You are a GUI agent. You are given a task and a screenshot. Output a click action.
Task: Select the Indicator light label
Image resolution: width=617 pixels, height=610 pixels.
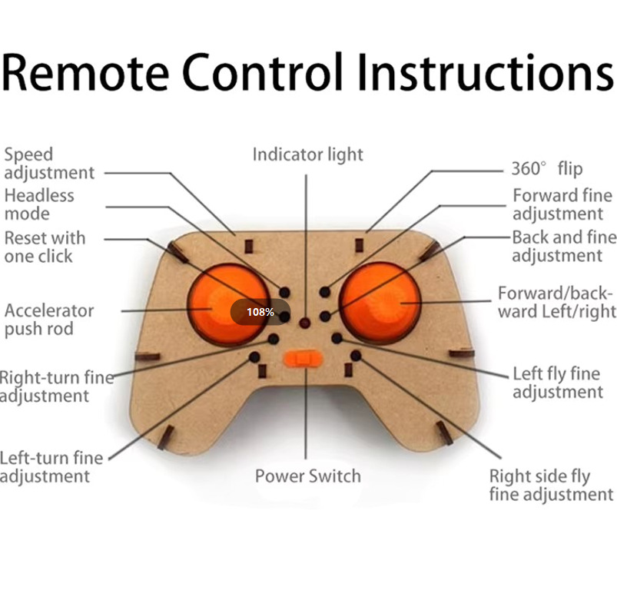pos(307,154)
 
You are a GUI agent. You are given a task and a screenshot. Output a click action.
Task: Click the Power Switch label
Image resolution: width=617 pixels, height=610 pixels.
pos(307,476)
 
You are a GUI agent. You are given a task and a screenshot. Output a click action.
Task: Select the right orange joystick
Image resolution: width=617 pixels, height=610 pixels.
pos(382,303)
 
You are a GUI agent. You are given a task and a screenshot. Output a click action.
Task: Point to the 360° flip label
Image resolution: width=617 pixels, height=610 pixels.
pos(546,168)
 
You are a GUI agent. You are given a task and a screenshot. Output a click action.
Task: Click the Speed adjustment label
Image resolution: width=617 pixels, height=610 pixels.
pos(48,164)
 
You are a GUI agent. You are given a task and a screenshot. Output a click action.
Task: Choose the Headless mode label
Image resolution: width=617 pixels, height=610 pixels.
pos(39,204)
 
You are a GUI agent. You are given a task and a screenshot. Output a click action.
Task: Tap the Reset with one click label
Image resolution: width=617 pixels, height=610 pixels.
pos(45,247)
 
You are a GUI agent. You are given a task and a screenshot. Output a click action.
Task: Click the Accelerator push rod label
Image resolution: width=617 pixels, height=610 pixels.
pos(48,320)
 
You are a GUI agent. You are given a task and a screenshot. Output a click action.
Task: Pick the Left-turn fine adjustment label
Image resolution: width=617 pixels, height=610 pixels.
pos(51,467)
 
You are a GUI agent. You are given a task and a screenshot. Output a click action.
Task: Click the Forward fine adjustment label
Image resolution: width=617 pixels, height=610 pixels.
pos(562,204)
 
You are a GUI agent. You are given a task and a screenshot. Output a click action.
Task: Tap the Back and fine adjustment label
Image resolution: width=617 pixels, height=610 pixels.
pos(564,246)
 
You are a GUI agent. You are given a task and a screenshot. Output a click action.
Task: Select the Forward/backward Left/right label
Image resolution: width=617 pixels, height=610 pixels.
pos(556,302)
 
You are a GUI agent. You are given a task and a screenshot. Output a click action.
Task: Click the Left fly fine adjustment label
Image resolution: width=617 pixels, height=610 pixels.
pos(557,383)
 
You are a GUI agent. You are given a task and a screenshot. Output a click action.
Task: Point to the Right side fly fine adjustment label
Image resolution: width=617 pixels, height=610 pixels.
pos(551,485)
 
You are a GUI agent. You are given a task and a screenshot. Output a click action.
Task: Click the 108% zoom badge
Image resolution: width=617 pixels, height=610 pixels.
pos(260,312)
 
